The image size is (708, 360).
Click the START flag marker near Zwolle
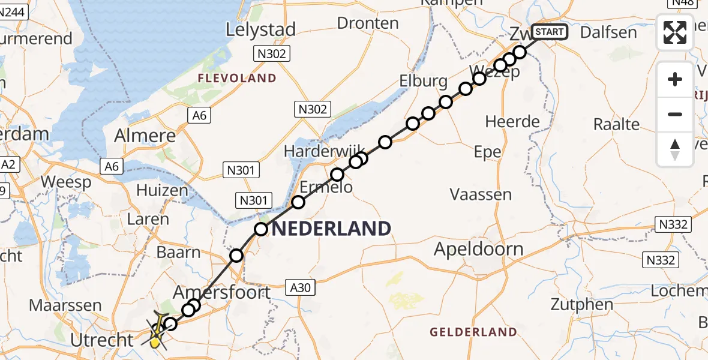pos(548,32)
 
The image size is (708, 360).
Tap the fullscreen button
pos(675,33)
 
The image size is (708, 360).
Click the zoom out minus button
pos(675,114)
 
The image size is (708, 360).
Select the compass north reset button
pos(675,149)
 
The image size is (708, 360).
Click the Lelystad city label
pos(261,29)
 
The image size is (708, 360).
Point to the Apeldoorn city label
pos(478,248)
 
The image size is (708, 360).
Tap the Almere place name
pos(146,135)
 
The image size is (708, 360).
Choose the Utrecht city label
pos(101,340)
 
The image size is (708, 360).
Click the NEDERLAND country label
pos(332,229)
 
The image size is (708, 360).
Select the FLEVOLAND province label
pos(237,78)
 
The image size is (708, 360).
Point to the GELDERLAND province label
pos(473,332)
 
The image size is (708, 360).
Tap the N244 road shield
pos(14,11)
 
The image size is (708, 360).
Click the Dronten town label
pos(368,23)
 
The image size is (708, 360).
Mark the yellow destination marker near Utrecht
pos(155,343)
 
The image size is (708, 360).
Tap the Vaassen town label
pos(481,194)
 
